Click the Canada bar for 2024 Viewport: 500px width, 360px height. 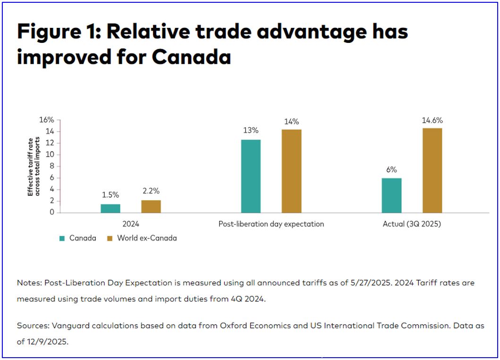point(110,209)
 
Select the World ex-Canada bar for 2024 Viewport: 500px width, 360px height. point(151,207)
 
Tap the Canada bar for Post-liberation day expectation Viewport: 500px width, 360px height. point(251,176)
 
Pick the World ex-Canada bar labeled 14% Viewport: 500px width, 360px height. point(291,171)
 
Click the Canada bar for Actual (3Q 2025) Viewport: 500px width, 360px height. point(391,195)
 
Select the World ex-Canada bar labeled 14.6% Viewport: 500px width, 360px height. point(432,170)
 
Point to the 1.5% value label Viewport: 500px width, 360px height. point(110,194)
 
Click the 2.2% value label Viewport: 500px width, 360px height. point(151,191)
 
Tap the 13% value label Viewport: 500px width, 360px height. point(251,130)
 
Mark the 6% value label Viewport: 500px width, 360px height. point(391,169)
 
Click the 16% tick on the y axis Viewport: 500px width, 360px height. point(46,120)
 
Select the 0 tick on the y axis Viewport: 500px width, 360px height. point(52,212)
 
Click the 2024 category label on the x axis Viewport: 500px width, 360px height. point(130,224)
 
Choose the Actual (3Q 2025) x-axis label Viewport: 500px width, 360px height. point(412,224)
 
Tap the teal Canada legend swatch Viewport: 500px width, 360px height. point(62,239)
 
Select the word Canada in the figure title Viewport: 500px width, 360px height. point(191,57)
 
